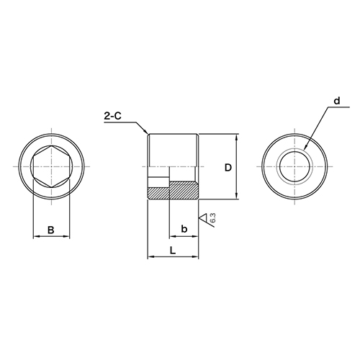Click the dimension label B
(x=50, y=230)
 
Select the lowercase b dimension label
(x=184, y=229)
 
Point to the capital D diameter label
(x=228, y=168)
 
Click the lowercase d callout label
(x=336, y=103)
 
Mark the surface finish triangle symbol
(x=204, y=219)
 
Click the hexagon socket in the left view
(x=52, y=167)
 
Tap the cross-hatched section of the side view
(x=173, y=193)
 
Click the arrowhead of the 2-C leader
(x=147, y=134)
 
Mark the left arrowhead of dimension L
(x=150, y=256)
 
